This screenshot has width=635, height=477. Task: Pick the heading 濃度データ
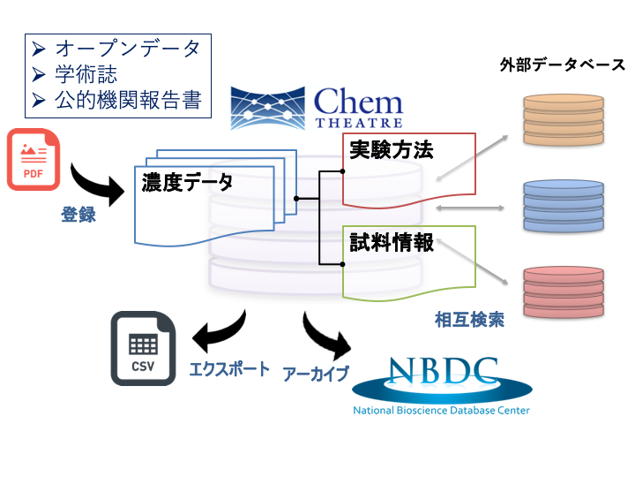(187, 183)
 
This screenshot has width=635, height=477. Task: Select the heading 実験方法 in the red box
(392, 149)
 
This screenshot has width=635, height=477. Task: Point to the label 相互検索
(469, 320)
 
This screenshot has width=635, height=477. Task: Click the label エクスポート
(229, 368)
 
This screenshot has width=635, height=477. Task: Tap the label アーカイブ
(316, 372)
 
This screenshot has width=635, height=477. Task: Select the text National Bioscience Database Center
(442, 410)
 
